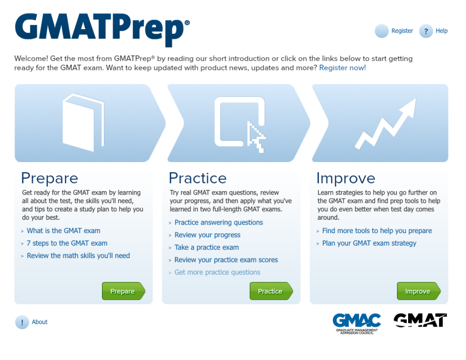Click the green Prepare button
click(x=123, y=291)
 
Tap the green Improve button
click(x=418, y=291)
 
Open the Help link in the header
click(x=442, y=31)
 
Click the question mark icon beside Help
click(x=426, y=31)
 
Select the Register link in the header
click(x=402, y=31)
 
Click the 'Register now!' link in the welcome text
click(x=343, y=68)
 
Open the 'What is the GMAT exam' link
click(x=63, y=231)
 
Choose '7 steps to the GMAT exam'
click(x=67, y=243)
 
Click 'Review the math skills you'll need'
click(x=78, y=255)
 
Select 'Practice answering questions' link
click(x=219, y=222)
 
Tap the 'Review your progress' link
click(x=207, y=235)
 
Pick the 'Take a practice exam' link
click(x=207, y=247)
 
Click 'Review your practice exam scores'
click(x=226, y=260)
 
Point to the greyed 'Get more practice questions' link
click(x=217, y=272)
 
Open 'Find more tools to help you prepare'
click(x=377, y=231)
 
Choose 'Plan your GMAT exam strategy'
click(x=369, y=243)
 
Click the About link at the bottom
click(x=39, y=322)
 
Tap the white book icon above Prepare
click(x=84, y=122)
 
